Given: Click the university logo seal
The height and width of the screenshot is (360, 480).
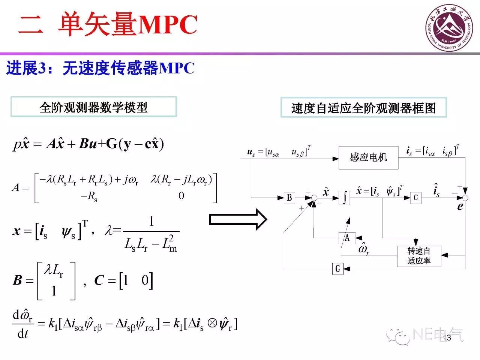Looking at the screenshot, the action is click(448, 27).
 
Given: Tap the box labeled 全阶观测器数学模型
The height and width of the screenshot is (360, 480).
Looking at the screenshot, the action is click(94, 107).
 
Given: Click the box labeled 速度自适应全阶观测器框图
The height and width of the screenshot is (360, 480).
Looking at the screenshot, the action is click(363, 108).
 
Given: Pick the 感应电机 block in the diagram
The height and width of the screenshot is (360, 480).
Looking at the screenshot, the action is click(368, 157).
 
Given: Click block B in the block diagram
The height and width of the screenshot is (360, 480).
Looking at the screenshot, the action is click(289, 198).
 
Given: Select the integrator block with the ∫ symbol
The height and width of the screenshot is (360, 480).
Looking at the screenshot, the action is click(345, 198).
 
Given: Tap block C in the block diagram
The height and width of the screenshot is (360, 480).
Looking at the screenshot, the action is click(415, 198).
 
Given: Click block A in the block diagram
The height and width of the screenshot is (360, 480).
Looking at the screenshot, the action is click(347, 238).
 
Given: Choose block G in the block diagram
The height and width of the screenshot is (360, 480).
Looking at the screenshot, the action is click(337, 268).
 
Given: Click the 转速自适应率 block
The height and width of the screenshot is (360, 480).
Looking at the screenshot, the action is click(419, 256).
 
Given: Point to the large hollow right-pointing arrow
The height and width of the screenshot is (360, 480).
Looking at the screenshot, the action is click(238, 219).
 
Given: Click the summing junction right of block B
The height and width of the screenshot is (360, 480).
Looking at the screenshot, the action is click(314, 198).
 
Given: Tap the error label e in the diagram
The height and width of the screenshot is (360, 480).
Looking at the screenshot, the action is click(460, 207).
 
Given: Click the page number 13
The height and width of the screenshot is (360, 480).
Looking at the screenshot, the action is click(447, 338).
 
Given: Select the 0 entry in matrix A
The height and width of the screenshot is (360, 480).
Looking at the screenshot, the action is click(181, 195).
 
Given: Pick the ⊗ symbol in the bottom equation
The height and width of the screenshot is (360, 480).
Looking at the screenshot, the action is click(212, 323).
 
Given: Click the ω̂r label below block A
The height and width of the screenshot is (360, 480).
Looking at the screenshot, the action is click(363, 249).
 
